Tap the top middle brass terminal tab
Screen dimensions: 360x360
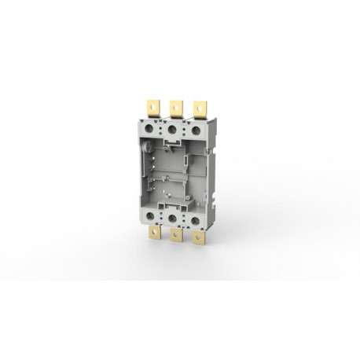[x=174, y=106]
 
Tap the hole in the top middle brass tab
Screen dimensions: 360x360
[x=174, y=102]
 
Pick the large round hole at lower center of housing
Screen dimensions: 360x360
[x=174, y=218]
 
